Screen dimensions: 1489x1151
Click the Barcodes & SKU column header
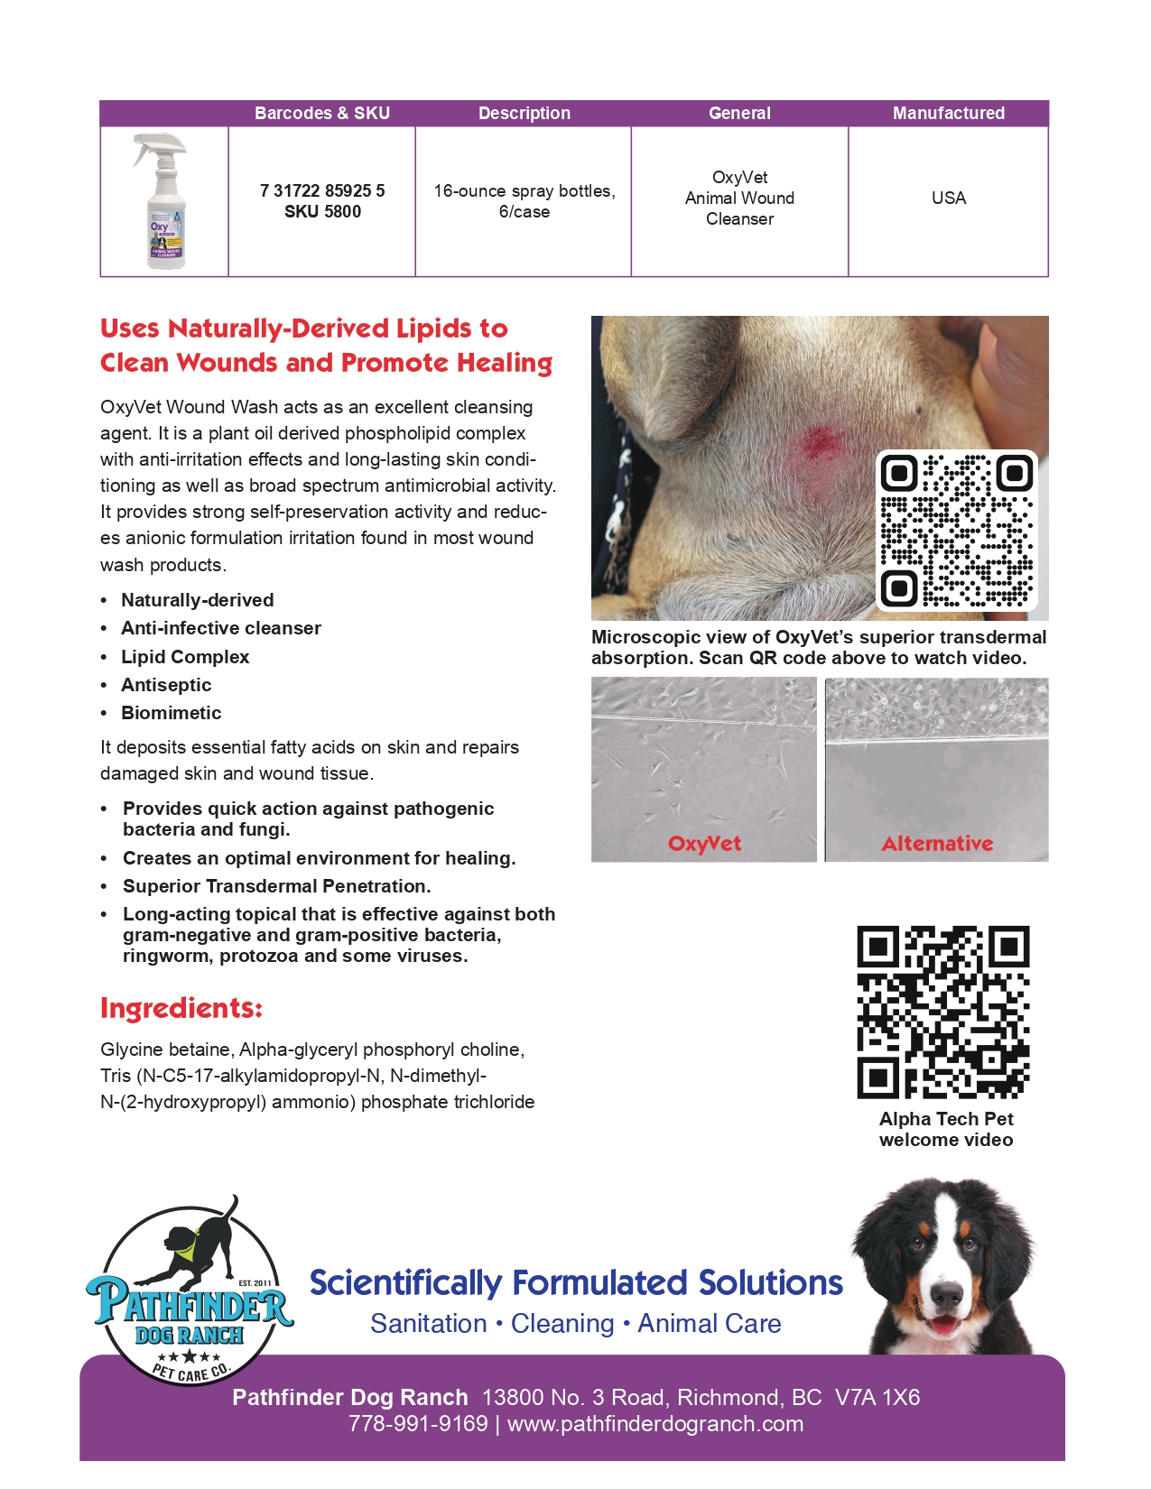321,114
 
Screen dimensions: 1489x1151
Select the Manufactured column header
948,114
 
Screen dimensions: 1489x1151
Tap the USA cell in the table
948,199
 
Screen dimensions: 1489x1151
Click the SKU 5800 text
322,212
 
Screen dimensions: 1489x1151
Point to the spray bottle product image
164,200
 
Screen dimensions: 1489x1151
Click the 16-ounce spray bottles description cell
524,201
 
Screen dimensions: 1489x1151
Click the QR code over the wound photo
956,530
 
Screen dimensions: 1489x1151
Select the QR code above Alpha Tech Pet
942,1012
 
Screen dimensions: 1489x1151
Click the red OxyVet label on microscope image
704,844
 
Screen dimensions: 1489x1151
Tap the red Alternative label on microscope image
937,844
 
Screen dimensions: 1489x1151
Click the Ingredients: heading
181,1008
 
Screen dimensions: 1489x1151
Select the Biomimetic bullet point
172,713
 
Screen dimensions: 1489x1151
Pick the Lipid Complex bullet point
185,657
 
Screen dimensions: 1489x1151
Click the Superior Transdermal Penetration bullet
276,886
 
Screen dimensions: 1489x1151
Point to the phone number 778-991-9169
418,1424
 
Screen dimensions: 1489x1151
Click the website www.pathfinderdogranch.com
654,1424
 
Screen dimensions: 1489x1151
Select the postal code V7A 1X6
877,1398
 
